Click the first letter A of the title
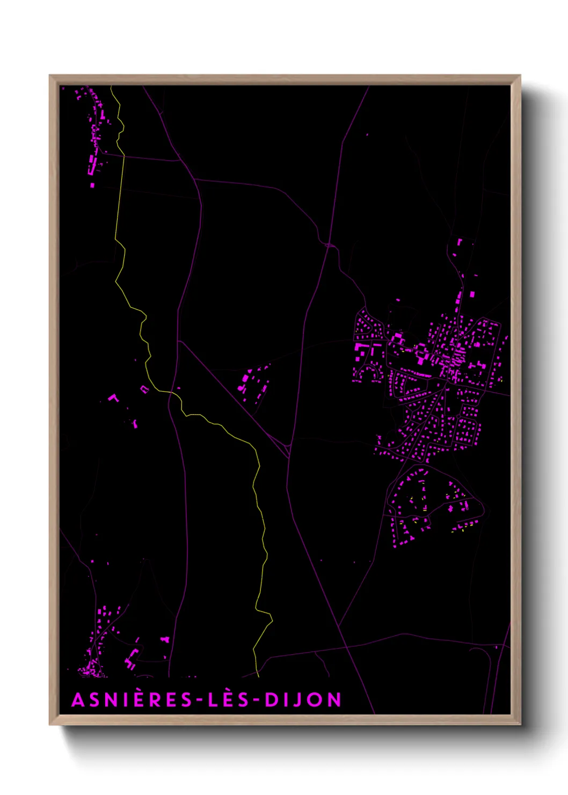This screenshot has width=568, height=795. point(78,700)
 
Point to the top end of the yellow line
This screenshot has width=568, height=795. point(111,86)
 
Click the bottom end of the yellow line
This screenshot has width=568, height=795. point(258,676)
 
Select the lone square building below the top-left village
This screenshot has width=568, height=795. point(92,185)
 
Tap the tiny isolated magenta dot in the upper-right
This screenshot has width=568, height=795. point(367,134)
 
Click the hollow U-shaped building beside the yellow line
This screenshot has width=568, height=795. point(144,388)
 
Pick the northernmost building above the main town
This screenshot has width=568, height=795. point(460,242)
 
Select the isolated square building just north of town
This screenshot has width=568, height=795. point(472,294)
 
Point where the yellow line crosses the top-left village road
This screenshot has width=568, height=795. point(124,156)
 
